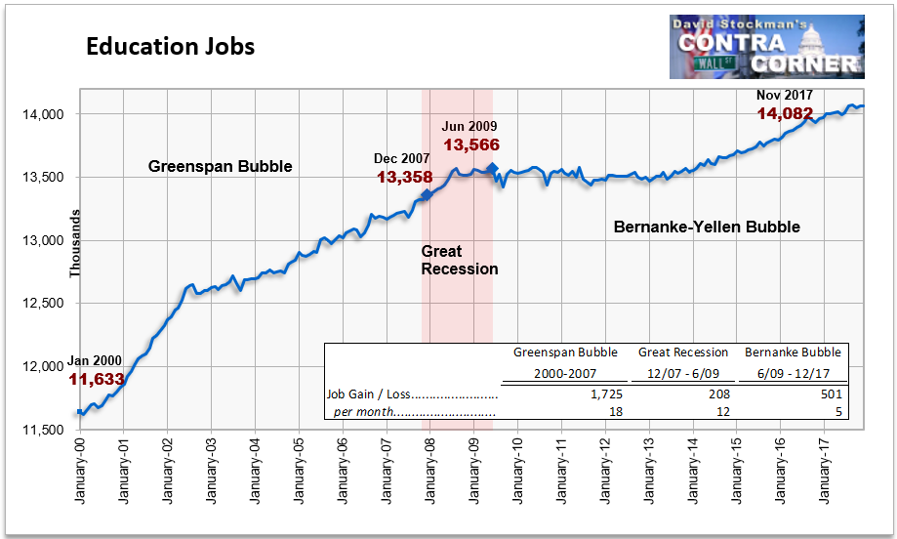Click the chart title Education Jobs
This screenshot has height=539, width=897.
coord(171,47)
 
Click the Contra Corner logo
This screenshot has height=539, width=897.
coord(766,47)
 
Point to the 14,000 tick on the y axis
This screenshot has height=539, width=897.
coord(44,114)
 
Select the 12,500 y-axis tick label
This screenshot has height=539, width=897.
coord(44,304)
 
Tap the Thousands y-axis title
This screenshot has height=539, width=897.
coord(75,244)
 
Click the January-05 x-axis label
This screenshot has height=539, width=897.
coord(299,471)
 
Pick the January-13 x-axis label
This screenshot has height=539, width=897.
coord(649,471)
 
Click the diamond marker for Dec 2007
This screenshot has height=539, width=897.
coord(427,195)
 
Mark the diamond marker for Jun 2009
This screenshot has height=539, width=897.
coord(493,168)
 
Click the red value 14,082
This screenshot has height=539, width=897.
coord(785,114)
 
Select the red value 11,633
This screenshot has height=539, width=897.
coord(97,379)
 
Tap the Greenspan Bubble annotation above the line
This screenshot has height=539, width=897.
coord(221,167)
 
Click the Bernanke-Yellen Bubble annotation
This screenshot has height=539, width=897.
coord(707,228)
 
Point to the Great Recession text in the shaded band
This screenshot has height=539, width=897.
coord(460,261)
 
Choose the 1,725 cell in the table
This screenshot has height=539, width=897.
coord(606,394)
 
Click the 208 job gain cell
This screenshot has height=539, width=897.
coord(719,394)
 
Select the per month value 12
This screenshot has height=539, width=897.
coord(723,412)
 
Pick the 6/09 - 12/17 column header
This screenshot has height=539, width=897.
coord(794,374)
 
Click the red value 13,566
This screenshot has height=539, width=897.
coord(471,145)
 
